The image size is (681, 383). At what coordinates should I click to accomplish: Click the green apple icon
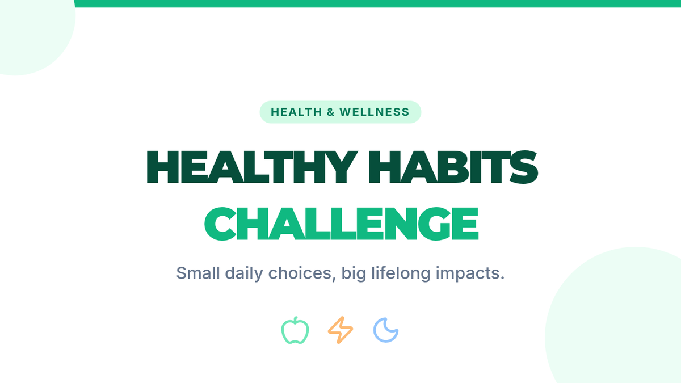coord(295,330)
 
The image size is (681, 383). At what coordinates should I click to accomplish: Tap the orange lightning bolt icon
coord(340,330)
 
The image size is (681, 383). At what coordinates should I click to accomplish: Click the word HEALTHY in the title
coord(252,167)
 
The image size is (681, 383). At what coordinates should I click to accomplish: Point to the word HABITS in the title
coord(453,167)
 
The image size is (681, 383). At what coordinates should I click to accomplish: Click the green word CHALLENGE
coord(342,224)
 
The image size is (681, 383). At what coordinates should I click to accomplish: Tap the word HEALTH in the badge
coord(296,112)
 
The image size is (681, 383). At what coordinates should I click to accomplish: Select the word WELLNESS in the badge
coord(375,112)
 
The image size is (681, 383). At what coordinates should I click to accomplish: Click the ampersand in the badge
coord(331,112)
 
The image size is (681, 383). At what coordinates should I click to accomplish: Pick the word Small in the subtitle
coord(198,273)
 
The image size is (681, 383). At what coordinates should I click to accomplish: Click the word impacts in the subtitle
coord(470,273)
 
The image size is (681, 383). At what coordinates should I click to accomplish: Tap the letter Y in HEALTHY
coord(340,167)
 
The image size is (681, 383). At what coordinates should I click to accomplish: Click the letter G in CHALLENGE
coord(435,224)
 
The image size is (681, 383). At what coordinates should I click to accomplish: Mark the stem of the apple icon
coord(296,319)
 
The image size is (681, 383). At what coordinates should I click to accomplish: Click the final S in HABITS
coord(524,167)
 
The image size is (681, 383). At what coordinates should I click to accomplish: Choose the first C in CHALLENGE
coord(220,224)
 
